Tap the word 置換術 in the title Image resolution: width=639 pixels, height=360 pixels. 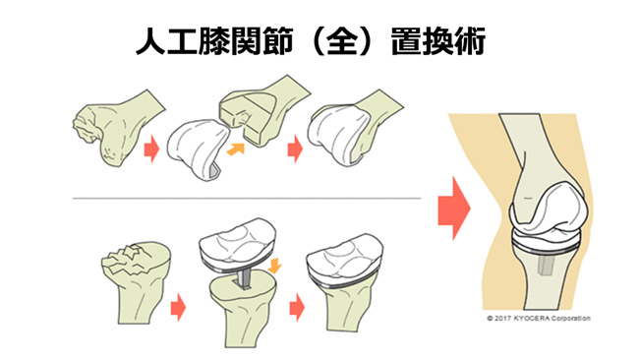[x=443, y=40]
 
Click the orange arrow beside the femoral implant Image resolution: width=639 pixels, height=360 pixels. [x=235, y=149]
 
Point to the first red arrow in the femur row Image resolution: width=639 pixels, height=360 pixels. [x=151, y=150]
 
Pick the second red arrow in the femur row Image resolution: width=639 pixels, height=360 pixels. [x=293, y=150]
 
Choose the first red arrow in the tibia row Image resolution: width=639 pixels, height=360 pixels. [x=177, y=307]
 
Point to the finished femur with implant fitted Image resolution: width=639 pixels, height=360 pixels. [x=349, y=128]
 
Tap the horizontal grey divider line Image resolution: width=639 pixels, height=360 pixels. [x=246, y=197]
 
